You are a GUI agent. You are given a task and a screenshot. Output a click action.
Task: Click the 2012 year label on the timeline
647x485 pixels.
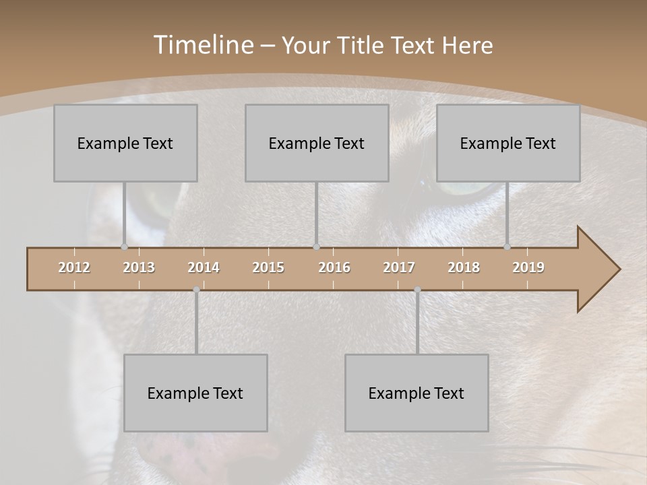(x=74, y=267)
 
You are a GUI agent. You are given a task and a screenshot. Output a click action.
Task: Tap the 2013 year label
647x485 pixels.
(x=139, y=267)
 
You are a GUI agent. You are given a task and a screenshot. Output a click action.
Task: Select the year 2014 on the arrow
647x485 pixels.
(x=204, y=267)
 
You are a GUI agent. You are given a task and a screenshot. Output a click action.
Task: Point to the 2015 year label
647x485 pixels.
(x=268, y=267)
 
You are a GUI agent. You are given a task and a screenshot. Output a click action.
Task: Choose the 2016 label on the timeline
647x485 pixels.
(x=334, y=267)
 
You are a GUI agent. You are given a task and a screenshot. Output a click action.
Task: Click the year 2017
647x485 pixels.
(x=399, y=267)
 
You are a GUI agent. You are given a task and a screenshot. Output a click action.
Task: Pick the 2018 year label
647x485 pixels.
(x=464, y=267)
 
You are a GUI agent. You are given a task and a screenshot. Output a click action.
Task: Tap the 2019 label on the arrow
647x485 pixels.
(x=528, y=267)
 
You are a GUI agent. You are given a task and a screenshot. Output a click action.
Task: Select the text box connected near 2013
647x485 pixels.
(x=125, y=143)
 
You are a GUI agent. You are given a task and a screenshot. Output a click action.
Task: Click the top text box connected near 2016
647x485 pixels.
(x=317, y=143)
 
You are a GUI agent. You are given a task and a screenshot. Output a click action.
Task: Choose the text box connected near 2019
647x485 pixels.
(x=508, y=143)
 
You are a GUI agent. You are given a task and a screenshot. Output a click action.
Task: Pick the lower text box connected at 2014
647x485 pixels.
(x=195, y=393)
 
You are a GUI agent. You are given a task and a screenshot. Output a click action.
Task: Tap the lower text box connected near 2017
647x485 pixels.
(x=417, y=393)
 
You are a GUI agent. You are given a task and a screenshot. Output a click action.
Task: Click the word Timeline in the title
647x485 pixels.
(x=203, y=44)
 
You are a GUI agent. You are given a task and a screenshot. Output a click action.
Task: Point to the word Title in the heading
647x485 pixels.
(x=362, y=45)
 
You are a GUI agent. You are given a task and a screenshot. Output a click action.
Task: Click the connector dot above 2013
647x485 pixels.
(x=124, y=247)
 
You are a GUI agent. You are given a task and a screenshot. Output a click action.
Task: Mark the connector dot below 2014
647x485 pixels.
(x=196, y=290)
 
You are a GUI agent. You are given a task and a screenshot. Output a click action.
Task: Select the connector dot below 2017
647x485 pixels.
(x=417, y=290)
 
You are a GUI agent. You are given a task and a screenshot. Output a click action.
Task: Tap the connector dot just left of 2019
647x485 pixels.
(x=507, y=247)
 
